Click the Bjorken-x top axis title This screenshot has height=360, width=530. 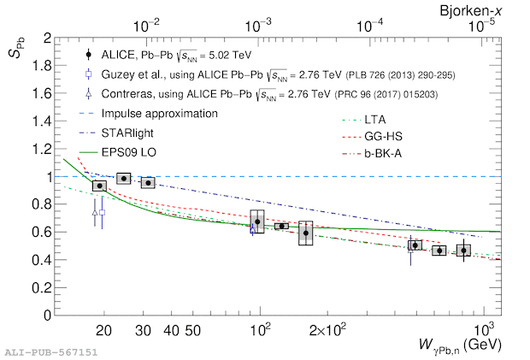(x=471, y=11)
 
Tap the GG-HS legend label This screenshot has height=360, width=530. (x=383, y=137)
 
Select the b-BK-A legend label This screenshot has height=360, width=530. (x=383, y=154)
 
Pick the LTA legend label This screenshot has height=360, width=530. (x=375, y=120)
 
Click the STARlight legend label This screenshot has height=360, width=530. (x=127, y=133)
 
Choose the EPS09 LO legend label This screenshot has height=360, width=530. (x=129, y=152)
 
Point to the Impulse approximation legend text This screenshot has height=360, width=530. (x=160, y=114)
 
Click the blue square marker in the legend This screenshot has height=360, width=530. (x=89, y=74)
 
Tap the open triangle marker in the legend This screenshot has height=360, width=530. (x=89, y=93)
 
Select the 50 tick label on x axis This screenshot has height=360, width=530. (x=192, y=331)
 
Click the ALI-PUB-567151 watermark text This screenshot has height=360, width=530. (x=51, y=352)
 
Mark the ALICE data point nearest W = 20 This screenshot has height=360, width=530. (x=100, y=186)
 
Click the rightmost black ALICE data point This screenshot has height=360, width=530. (x=463, y=251)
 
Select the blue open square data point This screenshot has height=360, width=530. (x=102, y=212)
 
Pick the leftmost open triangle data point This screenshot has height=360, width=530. (x=95, y=213)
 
